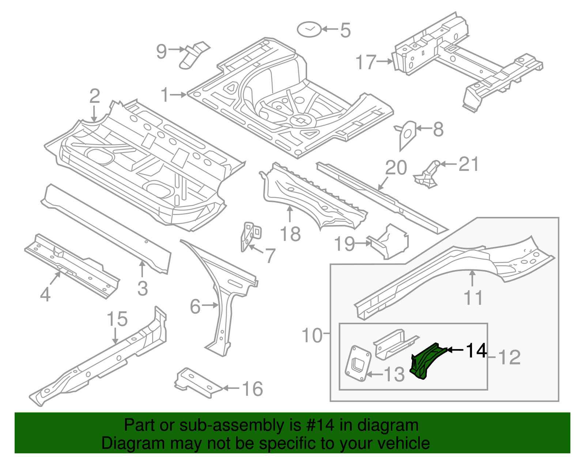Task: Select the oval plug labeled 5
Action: (x=309, y=29)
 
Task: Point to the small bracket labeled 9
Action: (x=194, y=55)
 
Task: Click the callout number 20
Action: (x=396, y=168)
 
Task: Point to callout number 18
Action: (x=290, y=234)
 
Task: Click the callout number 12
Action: (x=509, y=357)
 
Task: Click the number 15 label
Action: (x=117, y=319)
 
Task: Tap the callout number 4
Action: (x=45, y=294)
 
